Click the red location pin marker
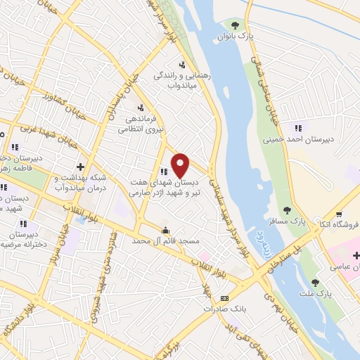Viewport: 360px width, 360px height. click(181, 165)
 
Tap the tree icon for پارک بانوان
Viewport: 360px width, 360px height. click(236, 25)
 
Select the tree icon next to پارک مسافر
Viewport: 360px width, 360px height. click(286, 210)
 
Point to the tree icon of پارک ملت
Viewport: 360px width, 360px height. click(314, 282)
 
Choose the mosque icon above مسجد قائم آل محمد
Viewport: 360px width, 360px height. click(165, 231)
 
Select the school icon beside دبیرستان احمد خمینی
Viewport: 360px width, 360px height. click(298, 129)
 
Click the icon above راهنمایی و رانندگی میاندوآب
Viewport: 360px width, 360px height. click(184, 64)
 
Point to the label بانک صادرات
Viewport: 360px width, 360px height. click(224, 309)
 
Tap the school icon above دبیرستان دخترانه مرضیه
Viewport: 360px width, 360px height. click(22, 223)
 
